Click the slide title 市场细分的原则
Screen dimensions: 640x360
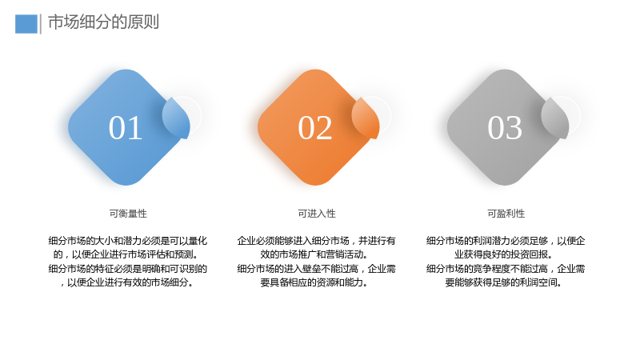pos(103,22)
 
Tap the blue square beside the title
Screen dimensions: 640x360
pos(26,24)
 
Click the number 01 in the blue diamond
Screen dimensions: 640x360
pos(126,128)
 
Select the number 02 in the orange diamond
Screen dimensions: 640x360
pos(314,128)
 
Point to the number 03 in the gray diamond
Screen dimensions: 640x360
pos(505,128)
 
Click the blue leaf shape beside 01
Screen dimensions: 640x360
pos(176,118)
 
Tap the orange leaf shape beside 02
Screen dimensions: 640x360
pos(366,118)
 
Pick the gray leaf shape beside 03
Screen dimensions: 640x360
pos(555,118)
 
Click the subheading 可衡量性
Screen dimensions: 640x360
pos(128,214)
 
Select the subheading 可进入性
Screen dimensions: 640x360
pos(317,214)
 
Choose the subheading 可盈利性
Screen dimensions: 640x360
pos(506,214)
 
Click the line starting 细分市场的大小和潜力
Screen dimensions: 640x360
pos(128,241)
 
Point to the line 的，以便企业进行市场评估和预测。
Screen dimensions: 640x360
pos(127,254)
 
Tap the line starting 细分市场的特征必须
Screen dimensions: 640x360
pos(128,269)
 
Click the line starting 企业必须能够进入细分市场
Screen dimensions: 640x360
pos(316,241)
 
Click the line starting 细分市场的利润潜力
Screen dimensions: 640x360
pos(506,241)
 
